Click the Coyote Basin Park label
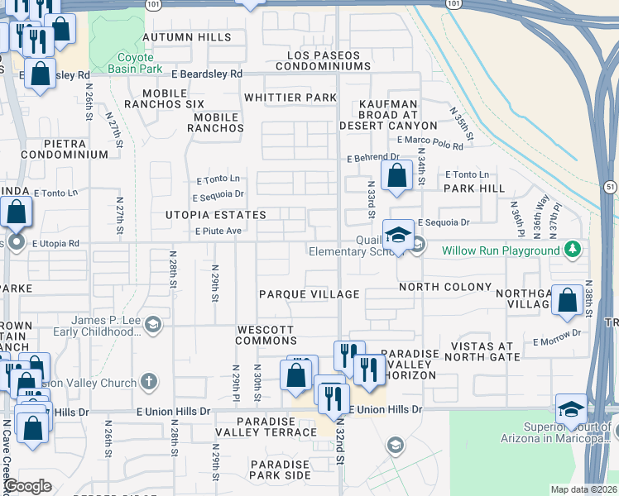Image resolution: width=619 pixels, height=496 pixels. [x=124, y=63]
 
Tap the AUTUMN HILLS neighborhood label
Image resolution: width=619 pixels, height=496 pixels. [x=186, y=37]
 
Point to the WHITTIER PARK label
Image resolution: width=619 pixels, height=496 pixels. [x=290, y=98]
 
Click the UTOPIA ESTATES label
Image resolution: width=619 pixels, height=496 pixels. [x=214, y=215]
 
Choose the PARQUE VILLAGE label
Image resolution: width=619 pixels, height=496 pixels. [x=309, y=294]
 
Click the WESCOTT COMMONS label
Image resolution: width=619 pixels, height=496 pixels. [x=266, y=335]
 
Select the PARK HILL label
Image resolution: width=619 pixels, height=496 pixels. [x=473, y=188]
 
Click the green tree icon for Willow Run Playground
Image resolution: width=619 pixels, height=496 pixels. [x=571, y=249]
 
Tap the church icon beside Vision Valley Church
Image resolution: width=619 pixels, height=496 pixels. [x=148, y=381]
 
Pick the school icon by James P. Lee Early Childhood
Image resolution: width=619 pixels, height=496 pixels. [x=152, y=325]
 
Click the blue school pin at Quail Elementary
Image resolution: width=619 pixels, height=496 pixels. [x=398, y=235]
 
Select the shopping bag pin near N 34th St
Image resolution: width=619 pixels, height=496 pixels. [x=397, y=175]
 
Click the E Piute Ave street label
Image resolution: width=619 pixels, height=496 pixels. [x=218, y=231]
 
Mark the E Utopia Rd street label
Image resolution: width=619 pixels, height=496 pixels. [x=55, y=244]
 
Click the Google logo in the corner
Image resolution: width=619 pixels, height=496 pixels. [x=26, y=487]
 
